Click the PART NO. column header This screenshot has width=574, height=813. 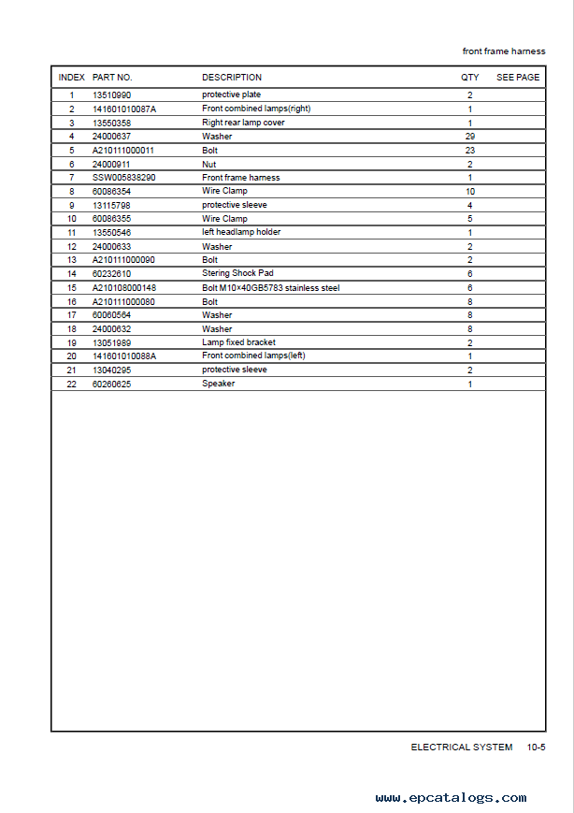point(112,78)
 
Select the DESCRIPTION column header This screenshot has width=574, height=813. point(232,78)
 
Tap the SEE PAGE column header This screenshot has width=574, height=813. point(518,78)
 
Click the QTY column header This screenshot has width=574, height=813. point(469,78)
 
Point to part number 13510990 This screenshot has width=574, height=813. point(111,95)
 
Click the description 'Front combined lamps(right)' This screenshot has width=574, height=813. point(256,109)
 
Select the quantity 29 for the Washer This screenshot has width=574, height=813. point(469,137)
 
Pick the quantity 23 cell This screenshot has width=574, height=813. point(469,150)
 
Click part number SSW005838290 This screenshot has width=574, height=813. point(123,178)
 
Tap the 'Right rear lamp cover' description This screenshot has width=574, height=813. point(243,123)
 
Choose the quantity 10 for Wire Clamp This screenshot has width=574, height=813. point(469,191)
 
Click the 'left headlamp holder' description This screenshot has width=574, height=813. point(241,232)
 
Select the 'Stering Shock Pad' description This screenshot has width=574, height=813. point(237,273)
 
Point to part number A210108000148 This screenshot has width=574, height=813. point(124,288)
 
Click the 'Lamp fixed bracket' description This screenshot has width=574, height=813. point(238,342)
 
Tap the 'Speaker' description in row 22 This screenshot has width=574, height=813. point(218,384)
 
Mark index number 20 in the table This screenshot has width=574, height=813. point(71,356)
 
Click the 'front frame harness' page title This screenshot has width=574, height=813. point(504,51)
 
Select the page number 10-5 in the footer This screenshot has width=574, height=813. point(536,748)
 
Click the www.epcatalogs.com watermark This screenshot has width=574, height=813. point(451,798)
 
